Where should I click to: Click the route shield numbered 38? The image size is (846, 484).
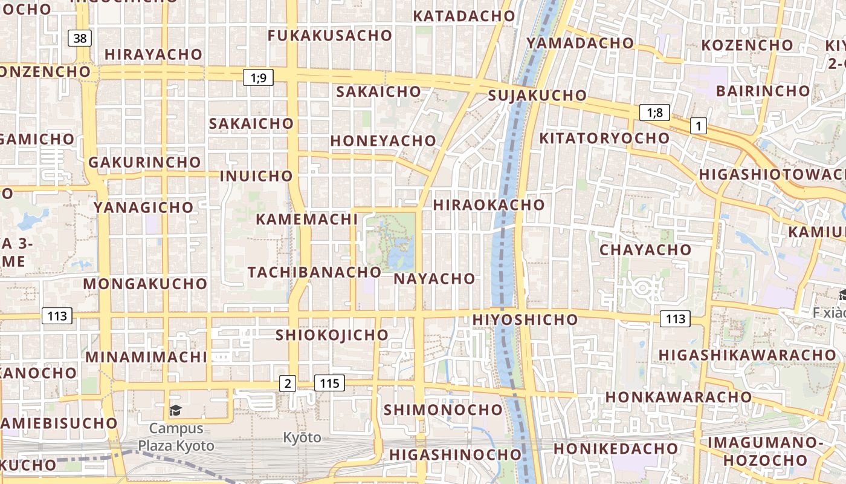80,39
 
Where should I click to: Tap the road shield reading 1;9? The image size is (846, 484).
259,77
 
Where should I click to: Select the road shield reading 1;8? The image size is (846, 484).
654,112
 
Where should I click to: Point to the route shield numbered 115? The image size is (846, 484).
329,383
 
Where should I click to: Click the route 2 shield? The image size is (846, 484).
288,383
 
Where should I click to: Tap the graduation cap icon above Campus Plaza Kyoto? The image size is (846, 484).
175,411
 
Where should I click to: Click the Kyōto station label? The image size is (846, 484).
302,437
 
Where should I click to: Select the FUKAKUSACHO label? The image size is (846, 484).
330,36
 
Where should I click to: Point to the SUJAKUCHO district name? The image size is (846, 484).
537,96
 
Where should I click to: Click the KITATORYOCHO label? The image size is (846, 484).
604,138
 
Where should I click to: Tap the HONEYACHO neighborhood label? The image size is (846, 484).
383,140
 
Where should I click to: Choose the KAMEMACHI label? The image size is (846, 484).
307,219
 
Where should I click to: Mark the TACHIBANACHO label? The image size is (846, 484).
314,272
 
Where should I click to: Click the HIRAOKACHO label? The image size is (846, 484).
489,204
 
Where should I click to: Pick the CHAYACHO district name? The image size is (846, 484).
645,249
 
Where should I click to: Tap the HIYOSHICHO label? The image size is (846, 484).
525,319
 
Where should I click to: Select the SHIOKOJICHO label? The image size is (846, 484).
332,335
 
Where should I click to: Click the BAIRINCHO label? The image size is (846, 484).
763,91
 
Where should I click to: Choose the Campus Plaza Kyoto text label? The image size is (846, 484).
176,437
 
